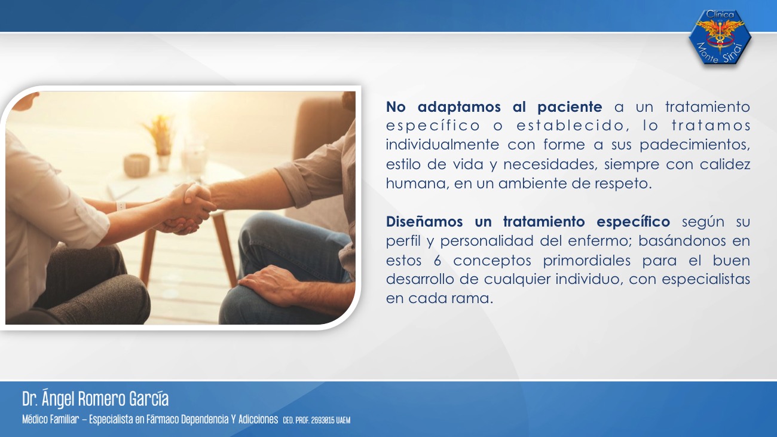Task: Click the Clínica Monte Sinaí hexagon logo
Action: coord(720,37)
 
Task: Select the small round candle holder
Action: coord(137,165)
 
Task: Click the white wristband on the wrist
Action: coord(120,206)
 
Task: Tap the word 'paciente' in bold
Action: coord(570,107)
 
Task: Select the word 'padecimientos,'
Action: coord(695,145)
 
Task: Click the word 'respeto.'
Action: coord(623,184)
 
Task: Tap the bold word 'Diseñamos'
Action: coord(424,221)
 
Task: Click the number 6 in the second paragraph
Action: coord(438,261)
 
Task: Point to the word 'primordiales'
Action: coord(586,260)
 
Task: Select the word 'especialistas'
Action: coord(706,279)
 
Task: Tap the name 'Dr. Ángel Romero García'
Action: coord(96,399)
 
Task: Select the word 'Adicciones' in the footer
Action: coord(258,419)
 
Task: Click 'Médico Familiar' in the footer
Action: coord(51,419)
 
